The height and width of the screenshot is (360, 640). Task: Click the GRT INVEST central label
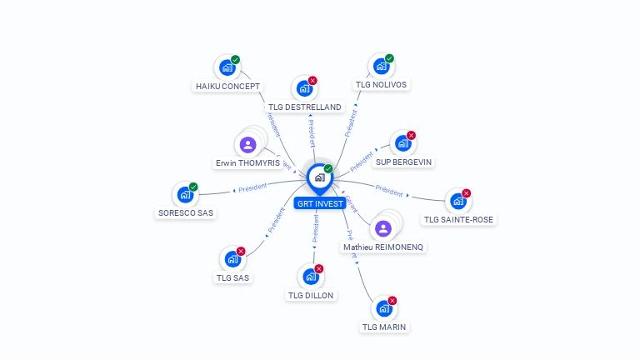[x=319, y=203]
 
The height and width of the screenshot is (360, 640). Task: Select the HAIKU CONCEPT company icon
[x=226, y=67]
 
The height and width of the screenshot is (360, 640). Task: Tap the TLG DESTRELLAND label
[x=305, y=107]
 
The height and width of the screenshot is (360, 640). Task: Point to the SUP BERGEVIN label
[x=404, y=162]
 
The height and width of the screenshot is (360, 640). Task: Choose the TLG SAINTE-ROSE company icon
[x=457, y=202]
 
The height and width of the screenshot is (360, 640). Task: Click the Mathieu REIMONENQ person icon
[x=383, y=228]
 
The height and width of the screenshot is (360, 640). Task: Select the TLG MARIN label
[x=384, y=327]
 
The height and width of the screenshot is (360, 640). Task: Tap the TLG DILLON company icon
[x=310, y=277]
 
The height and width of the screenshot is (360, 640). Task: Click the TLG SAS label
[x=233, y=277]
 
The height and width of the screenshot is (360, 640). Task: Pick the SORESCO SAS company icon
[x=184, y=195]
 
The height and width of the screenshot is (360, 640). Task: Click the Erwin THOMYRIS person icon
[x=247, y=145]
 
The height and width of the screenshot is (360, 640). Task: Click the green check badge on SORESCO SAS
[x=193, y=187]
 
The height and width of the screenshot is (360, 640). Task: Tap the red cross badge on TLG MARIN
[x=392, y=300]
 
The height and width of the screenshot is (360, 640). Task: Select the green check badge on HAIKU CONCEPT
[x=236, y=59]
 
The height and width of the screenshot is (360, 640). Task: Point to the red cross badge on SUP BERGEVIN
[x=411, y=135]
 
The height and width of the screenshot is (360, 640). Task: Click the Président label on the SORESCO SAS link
[x=252, y=188]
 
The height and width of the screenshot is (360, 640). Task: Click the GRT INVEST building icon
[x=318, y=177]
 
